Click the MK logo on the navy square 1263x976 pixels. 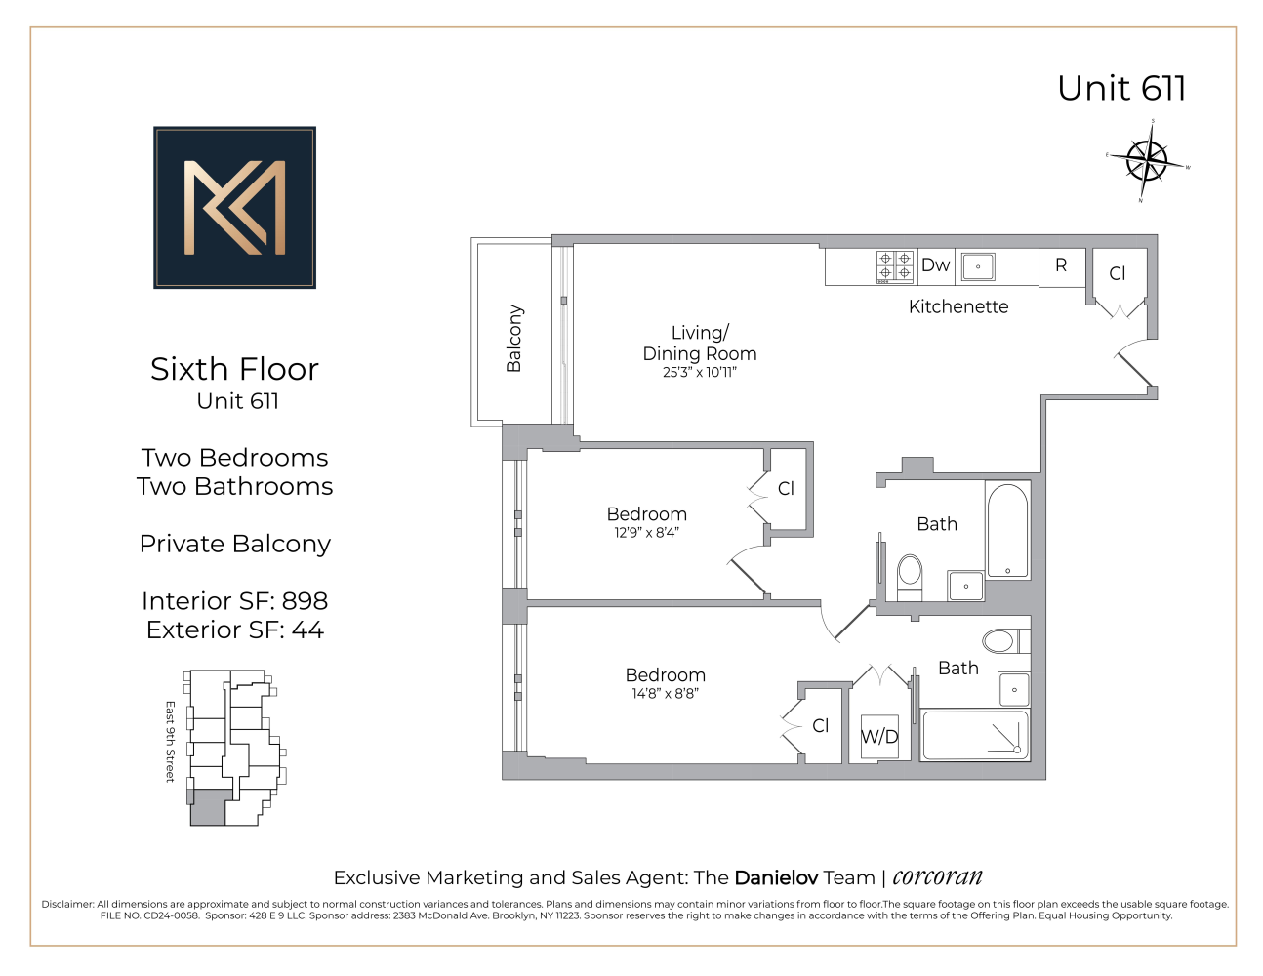point(234,207)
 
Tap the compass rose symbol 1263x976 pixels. point(1147,161)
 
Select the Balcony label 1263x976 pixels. point(514,339)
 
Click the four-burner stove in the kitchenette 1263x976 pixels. point(895,266)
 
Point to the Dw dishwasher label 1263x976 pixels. point(935,265)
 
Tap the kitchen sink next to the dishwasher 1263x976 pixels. point(977,266)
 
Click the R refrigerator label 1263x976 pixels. point(1061,265)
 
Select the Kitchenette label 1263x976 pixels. point(957,306)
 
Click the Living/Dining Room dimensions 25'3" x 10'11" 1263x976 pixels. point(700,372)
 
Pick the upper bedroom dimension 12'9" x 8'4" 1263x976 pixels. point(646,533)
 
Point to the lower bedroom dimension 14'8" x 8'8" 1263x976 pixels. point(665,694)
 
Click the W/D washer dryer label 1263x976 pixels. point(879,737)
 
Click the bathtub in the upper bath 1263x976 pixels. point(1007,530)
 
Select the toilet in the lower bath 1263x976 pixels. point(999,641)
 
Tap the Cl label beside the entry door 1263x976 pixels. point(1118,274)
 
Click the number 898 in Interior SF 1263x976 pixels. point(305,601)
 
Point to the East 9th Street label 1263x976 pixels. point(170,741)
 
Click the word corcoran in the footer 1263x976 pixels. point(937,876)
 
